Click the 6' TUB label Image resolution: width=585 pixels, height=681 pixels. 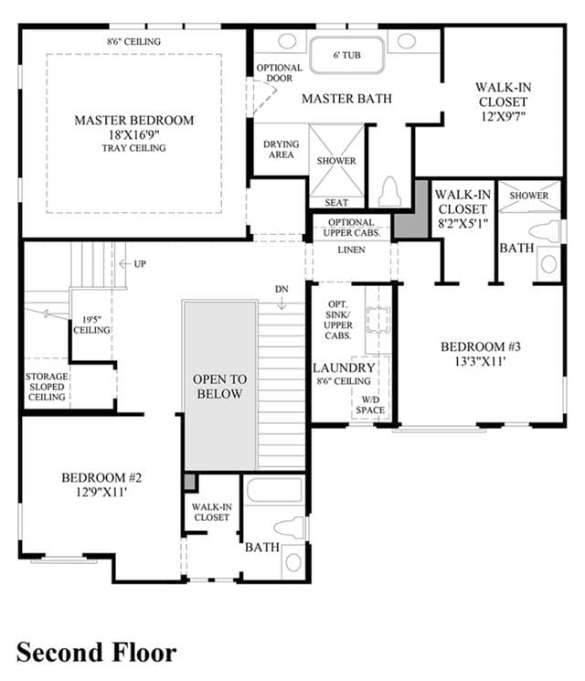coord(347,55)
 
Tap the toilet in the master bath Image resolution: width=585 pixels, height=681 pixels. coord(389,191)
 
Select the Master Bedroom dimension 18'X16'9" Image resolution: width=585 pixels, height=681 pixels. coord(133,134)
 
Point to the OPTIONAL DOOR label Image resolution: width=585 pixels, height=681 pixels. coord(280,73)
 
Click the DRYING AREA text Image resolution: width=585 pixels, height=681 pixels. coord(281,149)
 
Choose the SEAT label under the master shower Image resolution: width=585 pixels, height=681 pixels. coord(336,202)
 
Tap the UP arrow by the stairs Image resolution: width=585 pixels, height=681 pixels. coord(125,263)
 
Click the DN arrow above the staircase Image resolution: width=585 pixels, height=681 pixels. coord(282,303)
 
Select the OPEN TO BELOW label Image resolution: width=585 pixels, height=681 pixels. coord(219,386)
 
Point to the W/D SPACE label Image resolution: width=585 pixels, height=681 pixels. coord(370,405)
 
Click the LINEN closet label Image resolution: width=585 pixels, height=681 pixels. coord(351,250)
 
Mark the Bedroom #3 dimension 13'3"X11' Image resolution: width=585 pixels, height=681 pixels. coord(480,361)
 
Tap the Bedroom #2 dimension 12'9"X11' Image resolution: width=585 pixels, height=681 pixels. coord(101,492)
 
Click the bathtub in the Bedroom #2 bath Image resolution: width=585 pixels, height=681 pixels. coord(274,490)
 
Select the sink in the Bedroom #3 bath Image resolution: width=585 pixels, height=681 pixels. coord(549,264)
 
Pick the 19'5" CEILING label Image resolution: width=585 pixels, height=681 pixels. coord(91,325)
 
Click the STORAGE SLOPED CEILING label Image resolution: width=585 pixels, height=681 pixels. coord(47,387)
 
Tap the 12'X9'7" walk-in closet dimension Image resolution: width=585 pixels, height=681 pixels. coord(504,116)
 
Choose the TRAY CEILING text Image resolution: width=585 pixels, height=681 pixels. coord(133,148)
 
